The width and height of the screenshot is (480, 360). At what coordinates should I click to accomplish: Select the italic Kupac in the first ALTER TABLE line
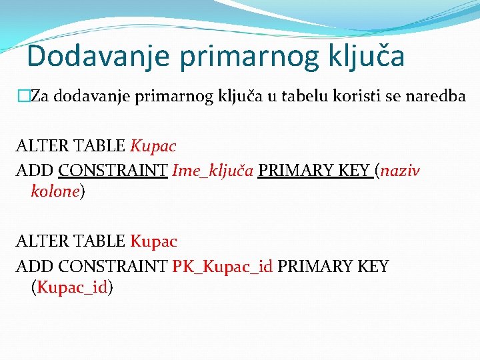click(x=153, y=145)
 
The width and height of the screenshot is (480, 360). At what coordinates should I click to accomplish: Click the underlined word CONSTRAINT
click(x=113, y=171)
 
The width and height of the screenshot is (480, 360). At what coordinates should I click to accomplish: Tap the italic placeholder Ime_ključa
click(x=213, y=171)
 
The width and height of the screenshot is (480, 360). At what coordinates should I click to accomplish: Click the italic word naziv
click(x=401, y=171)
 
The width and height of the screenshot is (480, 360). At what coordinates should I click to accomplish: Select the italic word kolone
click(x=55, y=192)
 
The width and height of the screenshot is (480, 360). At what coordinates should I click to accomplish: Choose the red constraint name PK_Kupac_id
click(x=222, y=267)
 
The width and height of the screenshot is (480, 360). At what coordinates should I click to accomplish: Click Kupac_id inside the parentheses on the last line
click(x=72, y=287)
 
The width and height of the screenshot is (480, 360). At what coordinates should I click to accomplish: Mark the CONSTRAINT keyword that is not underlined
click(x=113, y=267)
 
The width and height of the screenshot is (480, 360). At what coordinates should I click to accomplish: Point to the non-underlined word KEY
click(x=372, y=267)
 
